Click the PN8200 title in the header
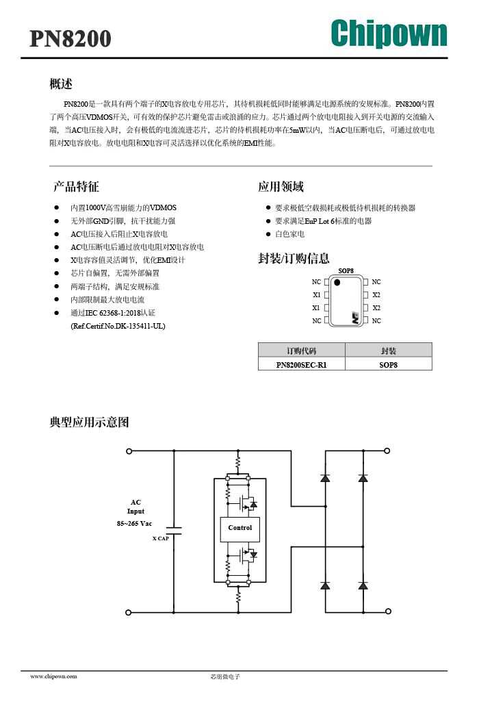pos(70,39)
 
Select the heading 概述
pos(61,84)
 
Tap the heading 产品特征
pos(76,186)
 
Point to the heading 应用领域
pos(281,186)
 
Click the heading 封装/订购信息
pos(294,258)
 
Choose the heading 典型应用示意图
pos(90,422)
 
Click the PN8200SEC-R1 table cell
pos(302,364)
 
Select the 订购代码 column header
pos(302,351)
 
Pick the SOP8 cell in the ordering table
pos(389,364)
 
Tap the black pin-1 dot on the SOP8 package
pos(337,283)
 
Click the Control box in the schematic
pos(240,529)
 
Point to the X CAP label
pos(161,538)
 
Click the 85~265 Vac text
pos(134,523)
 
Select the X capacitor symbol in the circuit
pos(174,531)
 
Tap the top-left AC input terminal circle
pos(129,451)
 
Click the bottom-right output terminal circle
pos(389,611)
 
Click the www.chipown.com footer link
pos(53,677)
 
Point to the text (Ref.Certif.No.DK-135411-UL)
pos(118,326)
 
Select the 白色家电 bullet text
pos(289,234)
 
